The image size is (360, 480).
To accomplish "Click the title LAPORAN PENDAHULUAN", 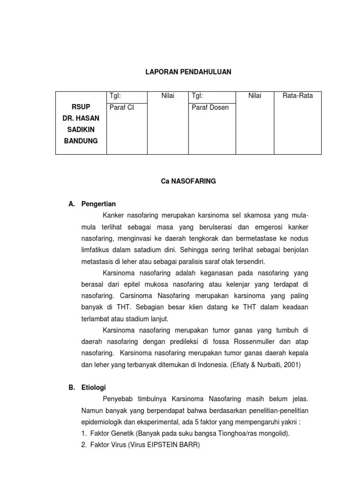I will pyautogui.click(x=187, y=72).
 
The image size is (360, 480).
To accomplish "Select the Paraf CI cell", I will pyautogui.click(x=121, y=107).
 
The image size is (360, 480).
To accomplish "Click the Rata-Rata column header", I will pyautogui.click(x=298, y=96).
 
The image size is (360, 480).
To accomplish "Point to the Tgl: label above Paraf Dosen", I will pyautogui.click(x=197, y=96).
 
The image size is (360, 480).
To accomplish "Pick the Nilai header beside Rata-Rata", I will pyautogui.click(x=255, y=96).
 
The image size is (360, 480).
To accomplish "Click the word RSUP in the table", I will pyautogui.click(x=81, y=107).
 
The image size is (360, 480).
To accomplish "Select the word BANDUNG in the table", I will pyautogui.click(x=81, y=141).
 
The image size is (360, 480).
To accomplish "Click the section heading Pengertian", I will pyautogui.click(x=98, y=204).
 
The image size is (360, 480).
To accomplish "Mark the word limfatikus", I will pyautogui.click(x=98, y=250).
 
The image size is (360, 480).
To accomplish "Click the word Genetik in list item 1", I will pyautogui.click(x=119, y=434).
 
